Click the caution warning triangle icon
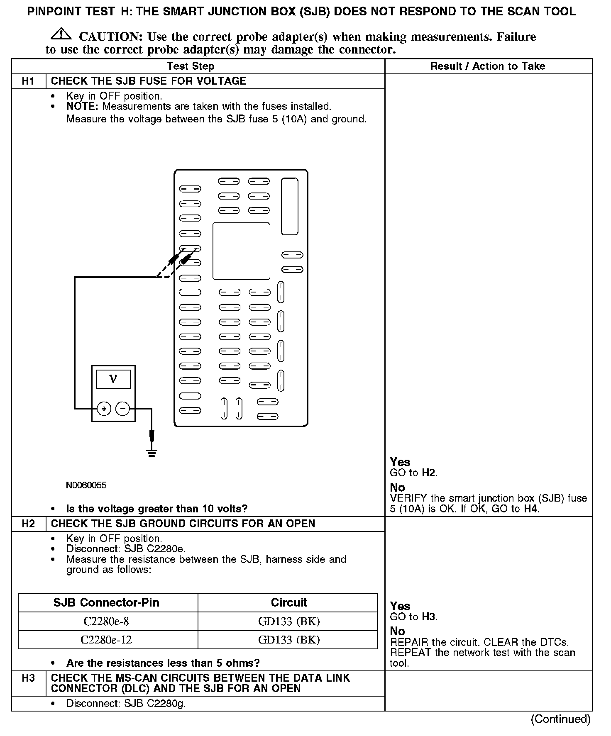(61, 34)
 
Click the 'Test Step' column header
(191, 66)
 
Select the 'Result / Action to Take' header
(487, 66)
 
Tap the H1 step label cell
(28, 81)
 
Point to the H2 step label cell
(28, 524)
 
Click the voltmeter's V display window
(113, 379)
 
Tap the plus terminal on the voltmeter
(104, 409)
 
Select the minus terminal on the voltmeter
(122, 409)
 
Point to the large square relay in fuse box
(241, 251)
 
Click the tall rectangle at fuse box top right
(289, 206)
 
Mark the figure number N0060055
(86, 485)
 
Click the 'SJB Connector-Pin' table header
(106, 603)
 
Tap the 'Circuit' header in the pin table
(289, 603)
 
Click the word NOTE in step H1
(81, 107)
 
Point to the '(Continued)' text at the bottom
(560, 719)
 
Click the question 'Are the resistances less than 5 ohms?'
(163, 663)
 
